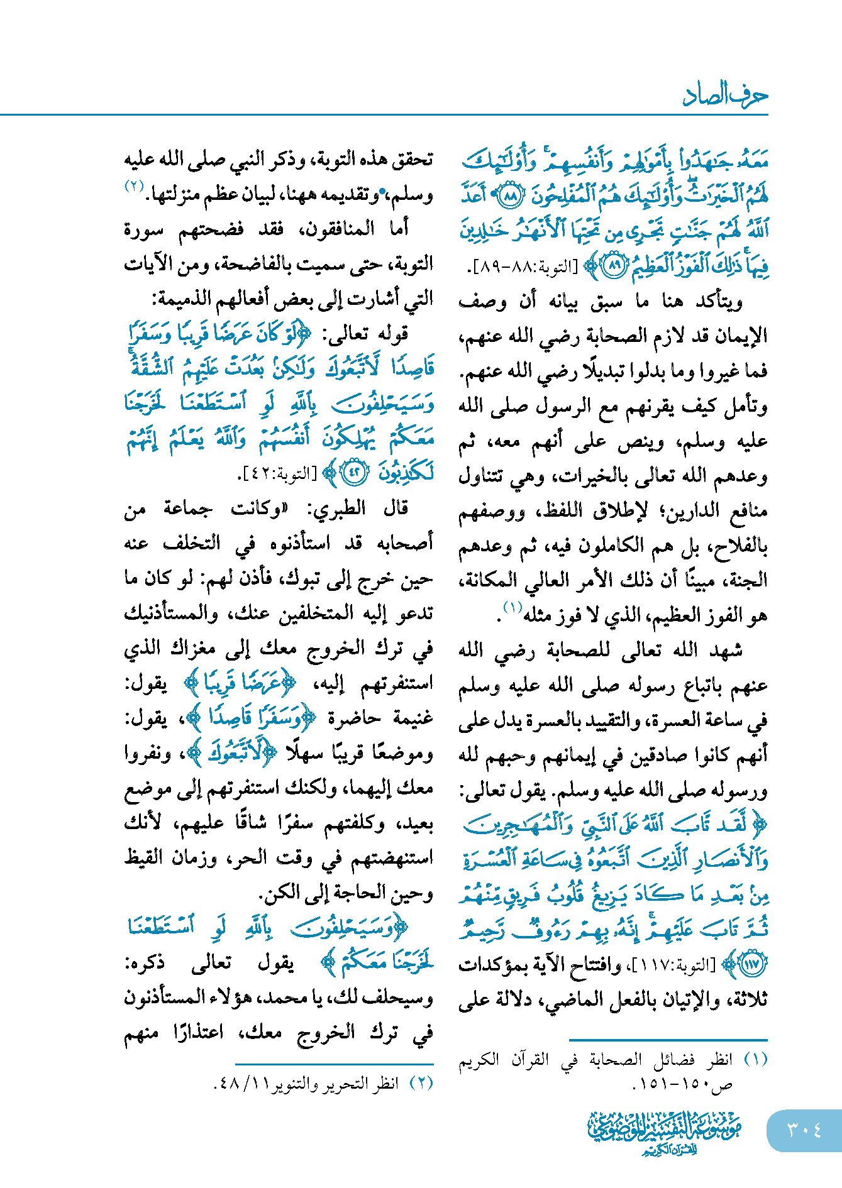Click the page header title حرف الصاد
(724, 95)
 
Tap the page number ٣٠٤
(804, 1130)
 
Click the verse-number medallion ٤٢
(353, 473)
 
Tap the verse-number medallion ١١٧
(751, 964)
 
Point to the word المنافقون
(340, 229)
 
